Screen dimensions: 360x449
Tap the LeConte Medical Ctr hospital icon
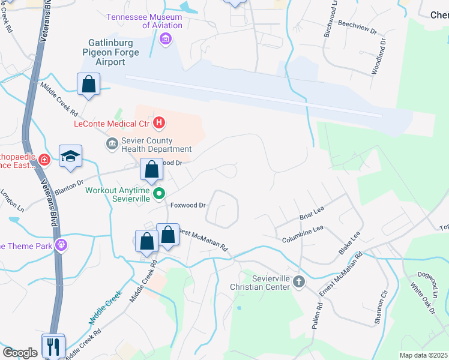(x=159, y=124)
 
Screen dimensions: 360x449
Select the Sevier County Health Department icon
(x=112, y=143)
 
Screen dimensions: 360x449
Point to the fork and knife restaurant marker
(x=53, y=345)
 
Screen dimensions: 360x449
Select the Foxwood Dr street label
(x=188, y=205)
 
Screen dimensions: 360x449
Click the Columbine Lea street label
(x=303, y=233)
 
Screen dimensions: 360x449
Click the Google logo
(x=20, y=353)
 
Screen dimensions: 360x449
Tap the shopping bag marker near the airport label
(x=88, y=85)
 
